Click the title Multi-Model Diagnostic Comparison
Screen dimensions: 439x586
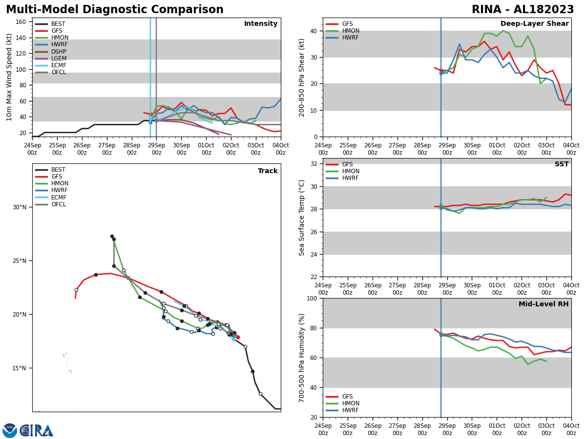(x=115, y=10)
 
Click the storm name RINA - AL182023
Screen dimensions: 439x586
(x=523, y=10)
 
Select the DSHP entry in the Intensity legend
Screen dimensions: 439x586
(x=59, y=52)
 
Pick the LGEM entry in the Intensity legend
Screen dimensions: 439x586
(x=59, y=59)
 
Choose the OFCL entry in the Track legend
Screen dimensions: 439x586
(x=59, y=204)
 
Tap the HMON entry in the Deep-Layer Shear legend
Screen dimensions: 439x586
(x=351, y=31)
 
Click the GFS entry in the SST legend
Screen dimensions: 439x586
(x=347, y=164)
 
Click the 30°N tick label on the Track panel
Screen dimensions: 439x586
(x=20, y=207)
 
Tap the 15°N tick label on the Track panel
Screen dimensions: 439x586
(x=20, y=368)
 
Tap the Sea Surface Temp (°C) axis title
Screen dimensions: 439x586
(x=302, y=218)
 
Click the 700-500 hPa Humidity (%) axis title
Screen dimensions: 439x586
(x=302, y=358)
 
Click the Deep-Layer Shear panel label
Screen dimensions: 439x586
(x=534, y=24)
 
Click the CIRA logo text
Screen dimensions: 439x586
(x=37, y=431)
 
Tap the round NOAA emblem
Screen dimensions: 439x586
(x=10, y=431)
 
